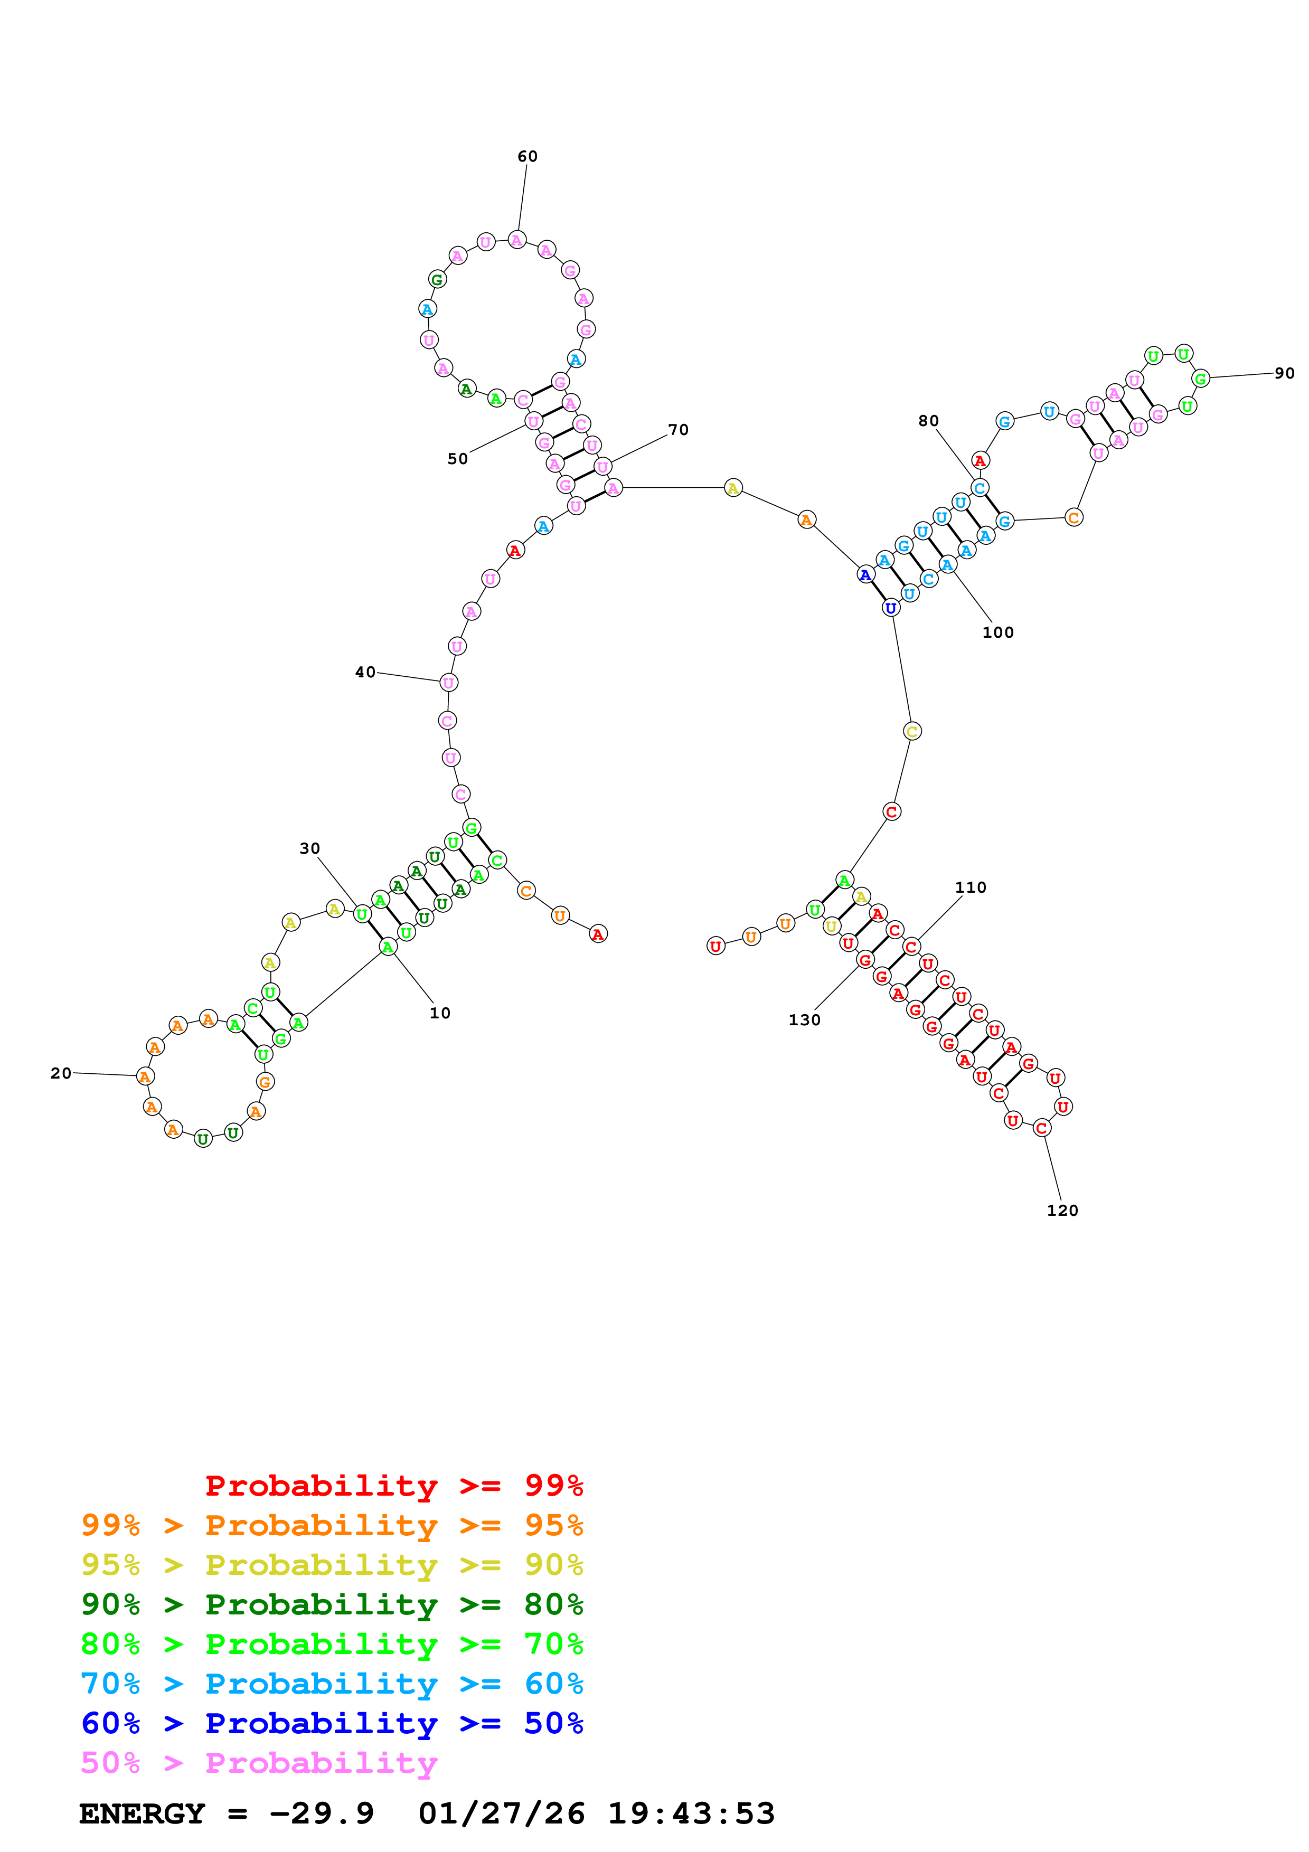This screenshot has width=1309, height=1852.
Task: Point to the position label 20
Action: [61, 1073]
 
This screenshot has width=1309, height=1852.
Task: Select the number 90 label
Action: [1284, 373]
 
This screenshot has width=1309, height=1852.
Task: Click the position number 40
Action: [365, 672]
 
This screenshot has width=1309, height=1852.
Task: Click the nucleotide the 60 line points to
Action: [517, 240]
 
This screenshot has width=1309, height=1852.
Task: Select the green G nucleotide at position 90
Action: [1200, 379]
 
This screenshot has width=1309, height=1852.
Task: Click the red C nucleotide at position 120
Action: [1041, 1128]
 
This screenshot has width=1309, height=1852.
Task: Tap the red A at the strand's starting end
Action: [598, 934]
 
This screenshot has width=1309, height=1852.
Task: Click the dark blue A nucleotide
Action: [865, 575]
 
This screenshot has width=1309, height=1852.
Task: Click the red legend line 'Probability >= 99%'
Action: [393, 1486]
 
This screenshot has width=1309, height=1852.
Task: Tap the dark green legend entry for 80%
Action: [332, 1604]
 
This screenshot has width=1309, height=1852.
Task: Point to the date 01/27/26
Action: [502, 1814]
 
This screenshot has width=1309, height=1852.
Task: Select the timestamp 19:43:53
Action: [691, 1814]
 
